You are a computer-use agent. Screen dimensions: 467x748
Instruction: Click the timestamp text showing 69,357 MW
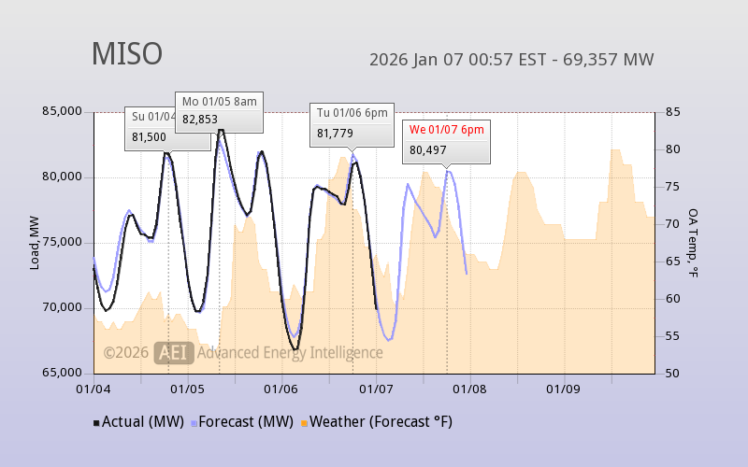tap(511, 60)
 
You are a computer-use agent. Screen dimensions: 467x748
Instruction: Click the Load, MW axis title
tap(35, 243)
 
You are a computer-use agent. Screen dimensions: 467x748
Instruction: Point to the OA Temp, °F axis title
tap(693, 243)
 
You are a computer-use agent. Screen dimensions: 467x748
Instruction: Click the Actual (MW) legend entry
tap(137, 422)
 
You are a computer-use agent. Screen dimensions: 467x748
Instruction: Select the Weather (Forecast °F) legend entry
tap(376, 422)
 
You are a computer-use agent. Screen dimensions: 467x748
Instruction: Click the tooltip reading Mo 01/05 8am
tap(219, 101)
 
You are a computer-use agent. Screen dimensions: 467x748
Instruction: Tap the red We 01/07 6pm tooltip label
tap(447, 130)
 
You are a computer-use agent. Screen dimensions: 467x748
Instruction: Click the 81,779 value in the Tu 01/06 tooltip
tap(335, 134)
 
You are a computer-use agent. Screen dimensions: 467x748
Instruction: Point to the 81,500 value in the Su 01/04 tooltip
tap(150, 136)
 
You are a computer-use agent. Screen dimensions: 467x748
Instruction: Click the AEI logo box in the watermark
tap(173, 352)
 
